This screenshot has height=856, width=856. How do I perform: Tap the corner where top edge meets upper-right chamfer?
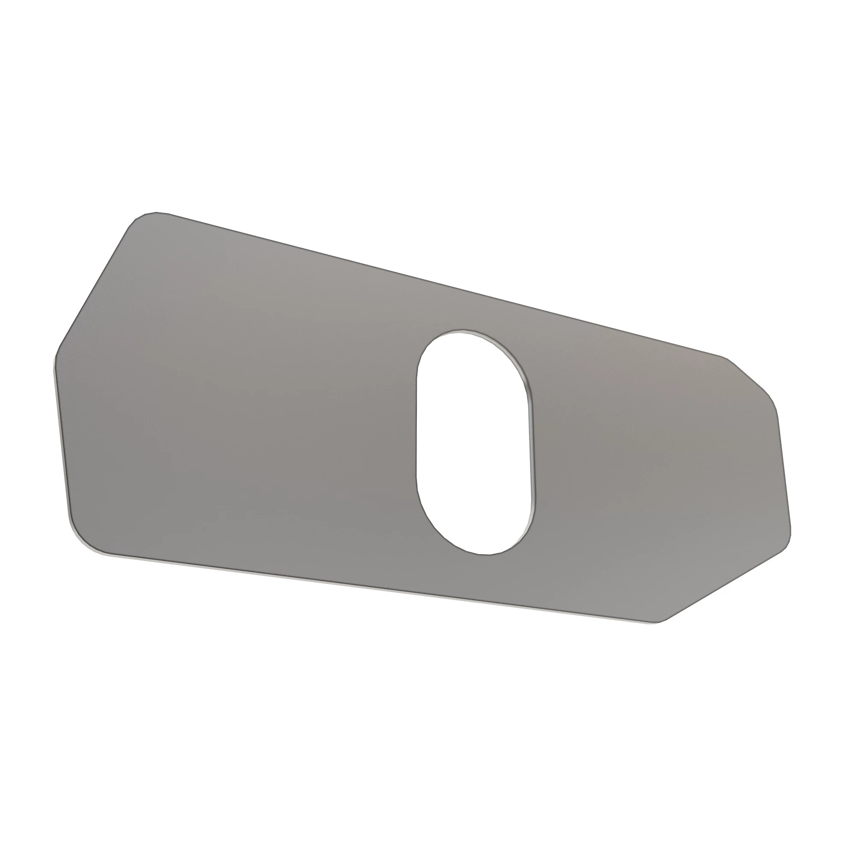point(725,357)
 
